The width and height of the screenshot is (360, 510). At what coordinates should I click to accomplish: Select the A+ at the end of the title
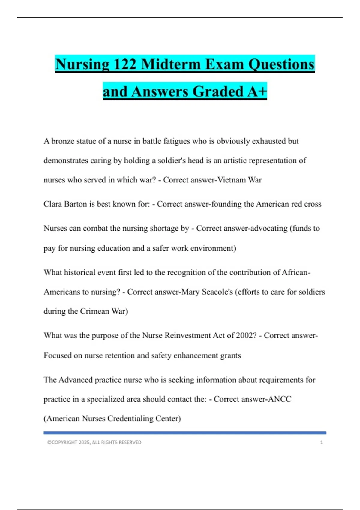257,91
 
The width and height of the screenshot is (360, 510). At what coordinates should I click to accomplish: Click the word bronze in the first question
64,141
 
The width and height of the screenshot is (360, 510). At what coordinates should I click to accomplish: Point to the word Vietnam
231,180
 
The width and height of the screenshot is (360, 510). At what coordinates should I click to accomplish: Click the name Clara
52,204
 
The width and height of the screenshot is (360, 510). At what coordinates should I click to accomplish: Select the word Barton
76,204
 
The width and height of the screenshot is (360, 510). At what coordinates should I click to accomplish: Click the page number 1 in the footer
322,442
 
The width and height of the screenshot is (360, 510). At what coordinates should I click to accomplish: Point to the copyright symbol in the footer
49,442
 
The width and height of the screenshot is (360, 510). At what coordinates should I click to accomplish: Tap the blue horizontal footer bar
185,433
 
